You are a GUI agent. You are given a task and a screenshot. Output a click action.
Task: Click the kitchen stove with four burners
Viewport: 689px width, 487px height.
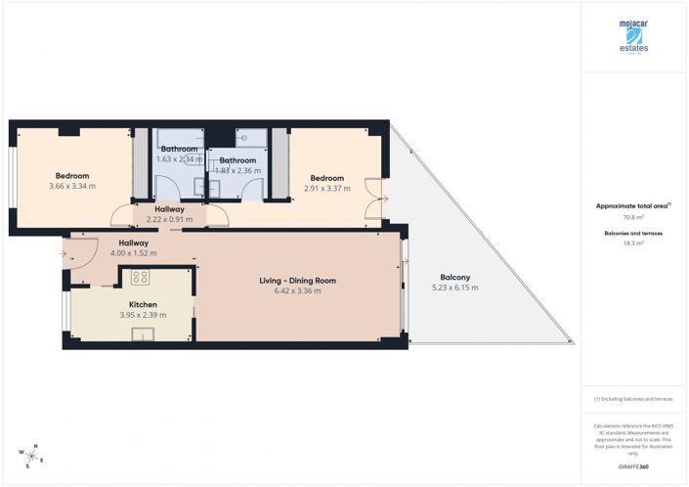click(x=140, y=277)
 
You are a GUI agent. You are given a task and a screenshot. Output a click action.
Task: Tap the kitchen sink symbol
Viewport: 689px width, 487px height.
click(x=143, y=336)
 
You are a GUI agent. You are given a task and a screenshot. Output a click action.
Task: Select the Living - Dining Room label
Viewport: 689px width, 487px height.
click(x=297, y=281)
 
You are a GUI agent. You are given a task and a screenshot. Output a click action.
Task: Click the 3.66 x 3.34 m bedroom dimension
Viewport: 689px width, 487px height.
click(x=71, y=187)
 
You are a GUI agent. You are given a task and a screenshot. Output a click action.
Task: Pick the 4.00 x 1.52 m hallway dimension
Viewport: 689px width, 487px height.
click(x=133, y=253)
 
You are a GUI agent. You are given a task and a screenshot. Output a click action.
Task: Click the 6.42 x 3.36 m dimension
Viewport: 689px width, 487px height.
click(x=297, y=291)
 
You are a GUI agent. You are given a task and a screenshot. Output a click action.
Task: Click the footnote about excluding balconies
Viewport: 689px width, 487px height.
click(x=633, y=399)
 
